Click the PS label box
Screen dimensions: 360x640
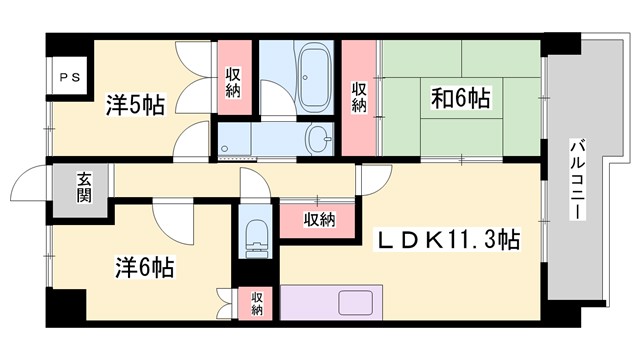coord(69,75)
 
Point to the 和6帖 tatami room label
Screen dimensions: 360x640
coord(459,98)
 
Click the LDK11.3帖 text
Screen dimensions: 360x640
coord(446,241)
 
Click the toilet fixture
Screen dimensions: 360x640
coord(256,236)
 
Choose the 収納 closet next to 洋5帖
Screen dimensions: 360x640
coord(233,83)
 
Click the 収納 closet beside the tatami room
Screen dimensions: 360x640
coord(359,98)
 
